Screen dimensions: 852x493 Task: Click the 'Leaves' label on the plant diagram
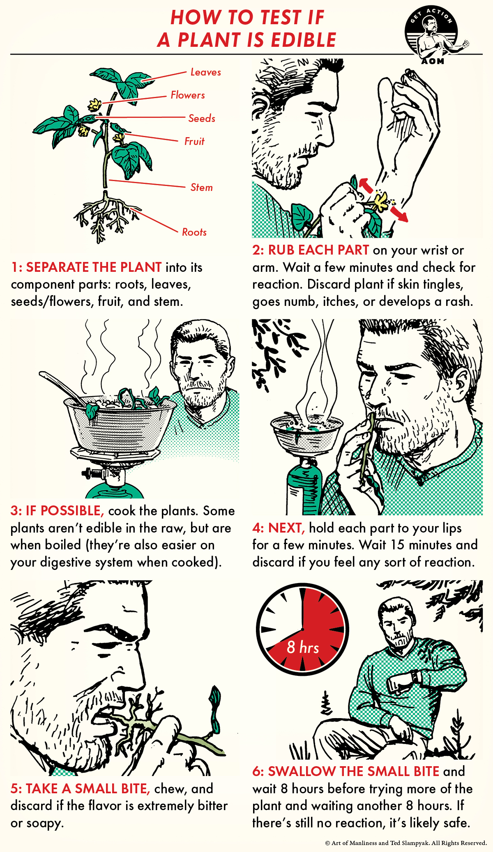[205, 72]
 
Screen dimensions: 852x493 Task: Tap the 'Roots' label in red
[194, 232]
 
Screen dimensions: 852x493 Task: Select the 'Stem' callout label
[201, 187]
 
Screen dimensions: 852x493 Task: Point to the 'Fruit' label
[194, 141]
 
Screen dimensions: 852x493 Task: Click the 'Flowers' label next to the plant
[188, 95]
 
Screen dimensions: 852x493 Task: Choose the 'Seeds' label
[202, 118]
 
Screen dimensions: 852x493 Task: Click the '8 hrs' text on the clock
[303, 648]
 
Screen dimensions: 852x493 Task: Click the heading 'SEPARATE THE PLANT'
[94, 267]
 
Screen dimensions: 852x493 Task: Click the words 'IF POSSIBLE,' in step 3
[65, 511]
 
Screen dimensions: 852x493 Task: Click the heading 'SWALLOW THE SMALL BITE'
[353, 772]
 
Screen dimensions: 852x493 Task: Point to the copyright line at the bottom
[405, 843]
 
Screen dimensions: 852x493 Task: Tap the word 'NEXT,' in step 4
[286, 528]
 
